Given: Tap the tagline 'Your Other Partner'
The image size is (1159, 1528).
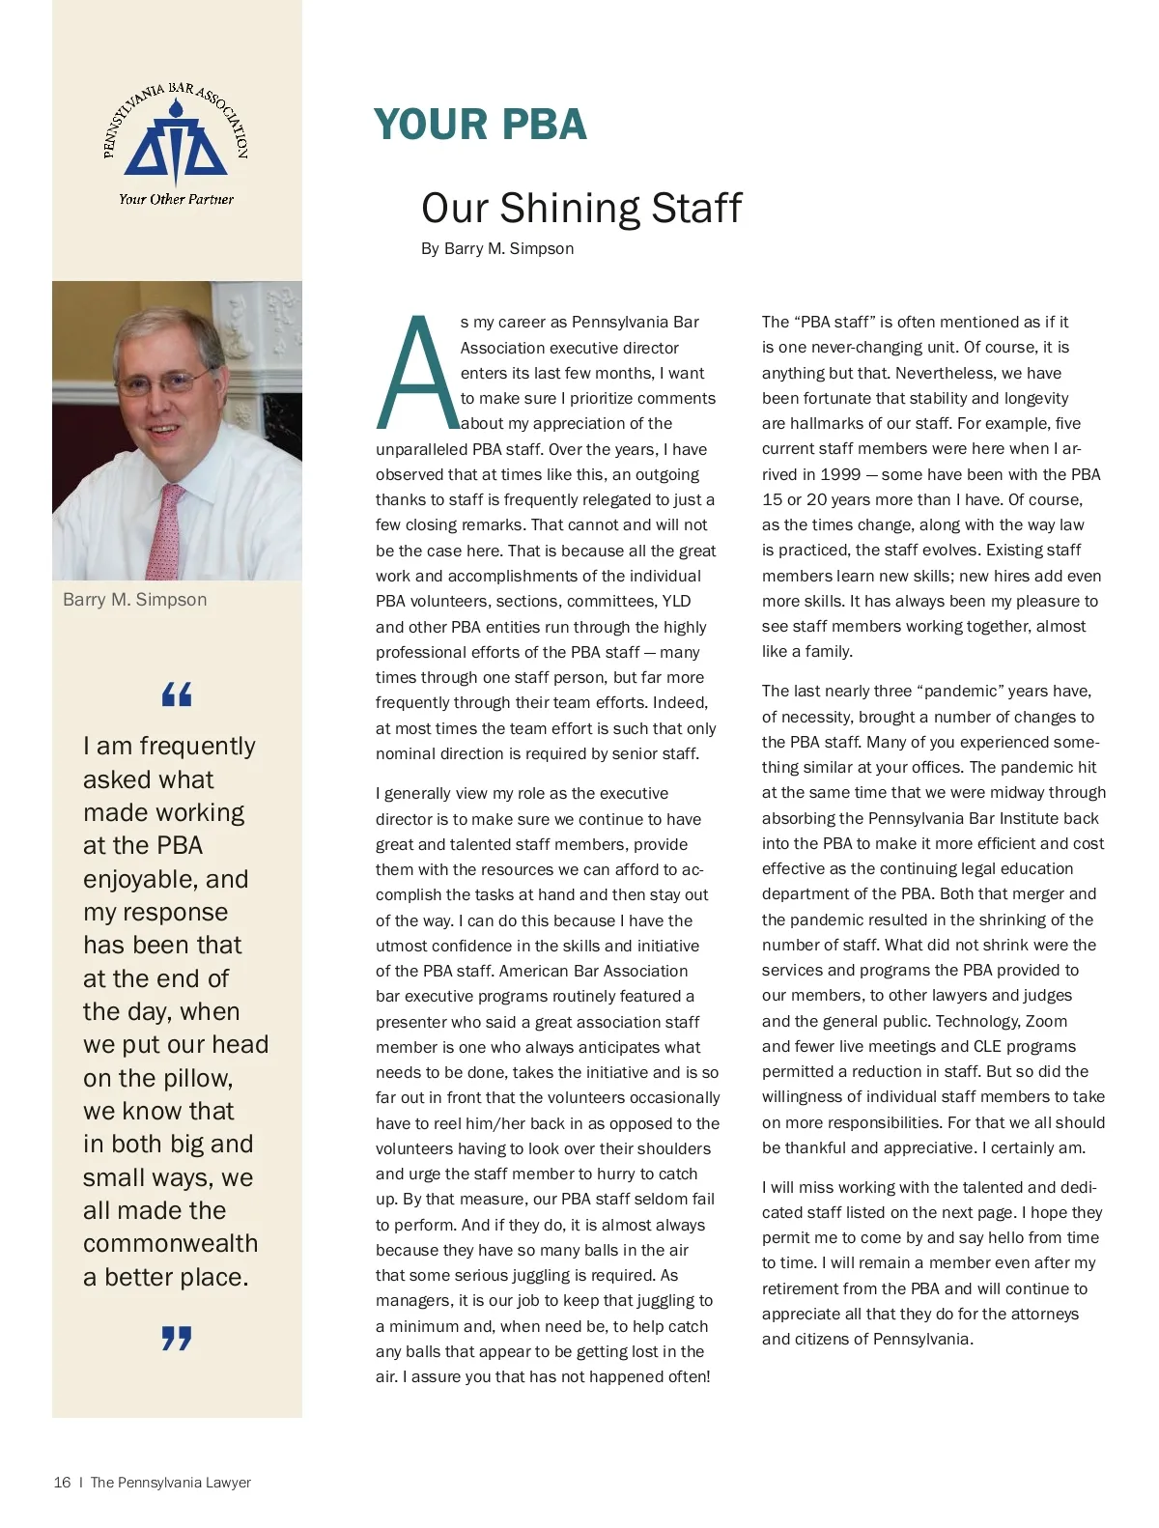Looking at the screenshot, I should [176, 199].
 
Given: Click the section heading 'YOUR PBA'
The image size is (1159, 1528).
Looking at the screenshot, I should [480, 125].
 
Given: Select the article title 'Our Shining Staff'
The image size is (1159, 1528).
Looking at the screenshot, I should [581, 208].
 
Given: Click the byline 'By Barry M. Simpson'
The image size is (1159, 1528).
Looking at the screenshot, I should [497, 248].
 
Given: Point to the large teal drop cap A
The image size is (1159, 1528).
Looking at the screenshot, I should [416, 372].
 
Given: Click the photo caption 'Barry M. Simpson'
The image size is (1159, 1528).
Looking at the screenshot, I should [134, 599].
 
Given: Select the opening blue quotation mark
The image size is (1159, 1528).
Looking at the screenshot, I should [177, 693].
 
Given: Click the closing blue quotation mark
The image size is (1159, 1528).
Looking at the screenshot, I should [177, 1338].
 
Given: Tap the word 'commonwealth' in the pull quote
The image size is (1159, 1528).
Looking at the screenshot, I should [170, 1243].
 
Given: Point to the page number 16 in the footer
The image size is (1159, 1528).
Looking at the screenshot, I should [62, 1482].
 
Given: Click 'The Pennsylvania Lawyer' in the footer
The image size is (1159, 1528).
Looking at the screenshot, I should [170, 1482].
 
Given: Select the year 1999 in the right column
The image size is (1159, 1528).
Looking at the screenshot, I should [840, 474].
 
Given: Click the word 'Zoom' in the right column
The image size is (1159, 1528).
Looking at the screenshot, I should [1046, 1021].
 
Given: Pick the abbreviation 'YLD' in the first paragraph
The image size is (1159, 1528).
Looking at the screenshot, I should [675, 601].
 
